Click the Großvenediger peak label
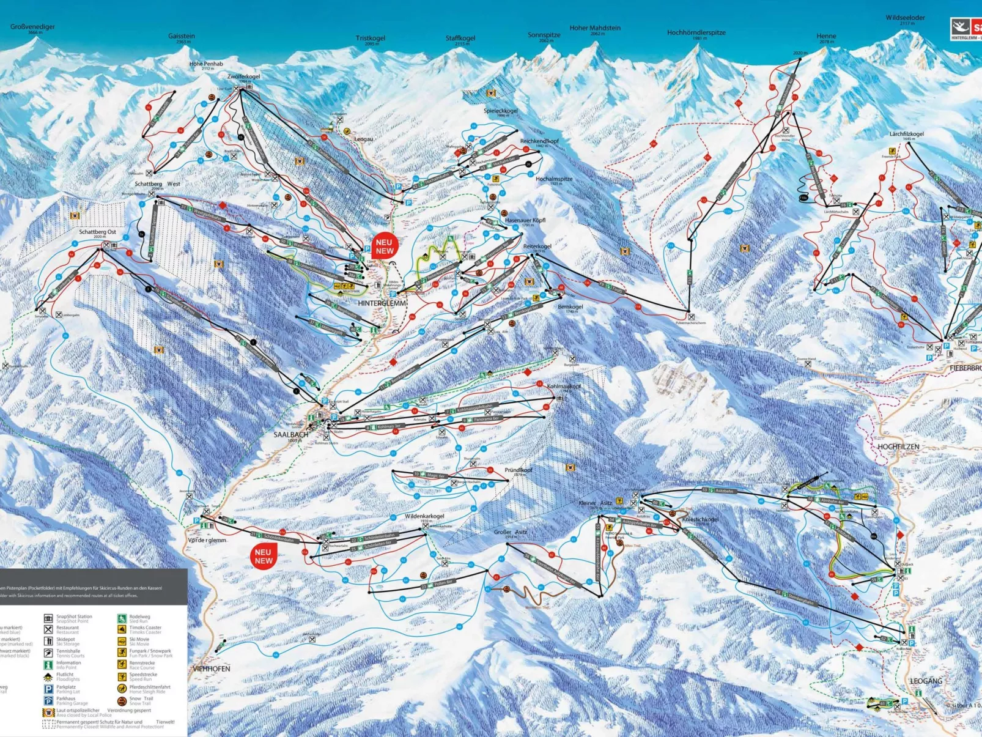click(32, 27)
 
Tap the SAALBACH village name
click(291, 434)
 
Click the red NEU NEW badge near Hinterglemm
click(385, 246)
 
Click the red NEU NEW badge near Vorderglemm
click(264, 556)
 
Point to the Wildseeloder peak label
click(905, 18)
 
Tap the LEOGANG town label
click(926, 681)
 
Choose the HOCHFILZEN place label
click(898, 447)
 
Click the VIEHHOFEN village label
click(212, 668)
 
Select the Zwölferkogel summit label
click(243, 77)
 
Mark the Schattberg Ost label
click(97, 232)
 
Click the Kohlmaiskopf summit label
click(564, 387)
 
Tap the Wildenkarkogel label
click(424, 516)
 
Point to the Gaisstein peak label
click(182, 36)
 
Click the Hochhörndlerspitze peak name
click(696, 32)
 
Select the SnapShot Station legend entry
click(74, 617)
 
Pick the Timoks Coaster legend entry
click(145, 628)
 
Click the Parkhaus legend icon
click(48, 700)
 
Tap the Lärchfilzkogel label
click(906, 134)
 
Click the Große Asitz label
click(510, 532)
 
